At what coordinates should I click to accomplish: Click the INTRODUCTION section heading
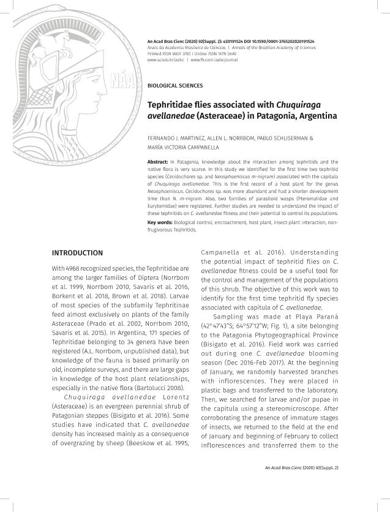[x=77, y=252]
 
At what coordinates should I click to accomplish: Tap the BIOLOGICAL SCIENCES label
[x=175, y=86]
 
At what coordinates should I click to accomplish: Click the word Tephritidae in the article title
[x=175, y=105]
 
